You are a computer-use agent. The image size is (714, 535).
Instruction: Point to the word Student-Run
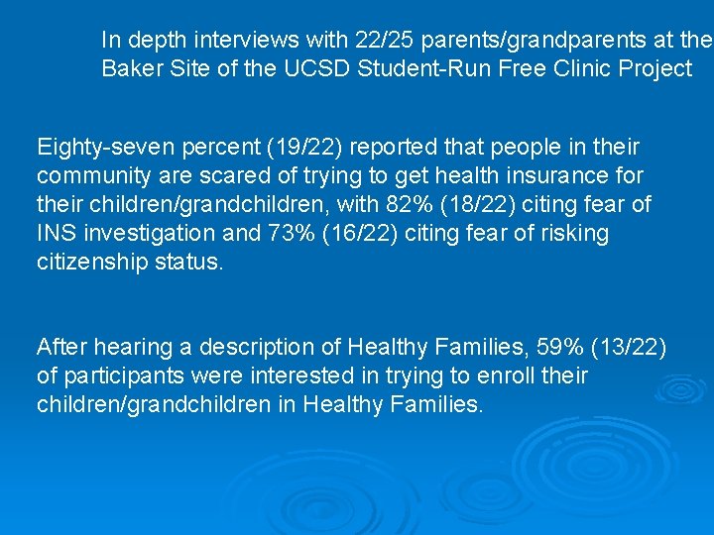tap(423, 69)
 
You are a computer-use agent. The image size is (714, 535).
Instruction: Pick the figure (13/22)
tap(629, 348)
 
